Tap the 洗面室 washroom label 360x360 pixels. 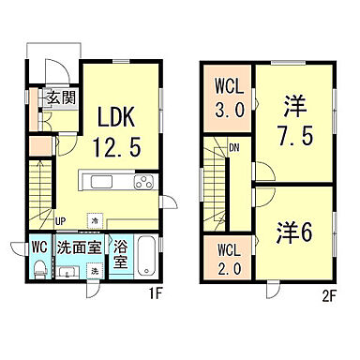[x=79, y=248]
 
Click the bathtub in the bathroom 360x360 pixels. [x=149, y=258]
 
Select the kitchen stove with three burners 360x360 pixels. [x=147, y=181]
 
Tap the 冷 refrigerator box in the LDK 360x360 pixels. [x=95, y=220]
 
